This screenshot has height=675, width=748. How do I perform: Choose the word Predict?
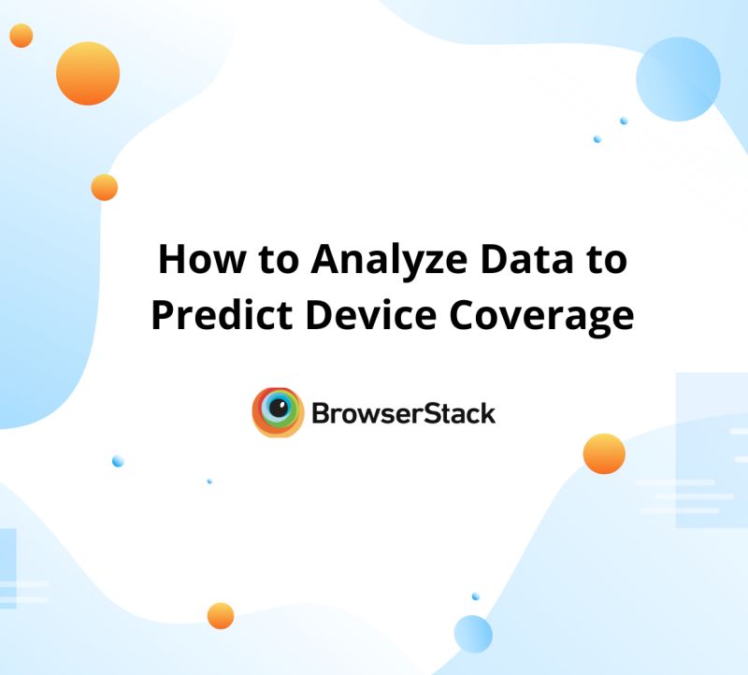click(x=211, y=316)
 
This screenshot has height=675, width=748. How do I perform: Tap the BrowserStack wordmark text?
click(x=403, y=413)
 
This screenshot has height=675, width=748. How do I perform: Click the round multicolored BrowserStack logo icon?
click(x=278, y=412)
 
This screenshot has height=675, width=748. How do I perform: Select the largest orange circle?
click(x=88, y=73)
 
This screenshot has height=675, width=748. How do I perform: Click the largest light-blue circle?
click(x=678, y=79)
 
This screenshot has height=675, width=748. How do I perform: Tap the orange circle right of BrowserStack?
click(x=603, y=454)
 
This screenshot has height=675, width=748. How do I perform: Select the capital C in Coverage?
click(x=466, y=316)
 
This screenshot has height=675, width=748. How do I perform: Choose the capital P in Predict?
click(x=163, y=316)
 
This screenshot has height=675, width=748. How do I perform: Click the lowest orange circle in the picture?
click(x=221, y=615)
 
